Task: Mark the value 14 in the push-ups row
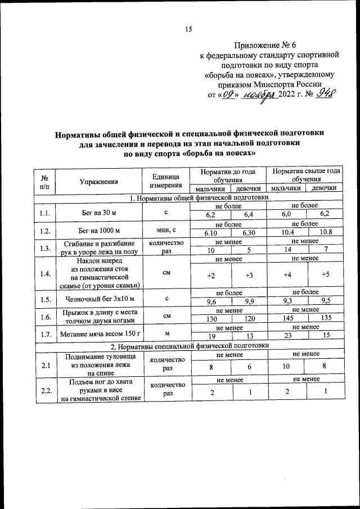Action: pos(289,250)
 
